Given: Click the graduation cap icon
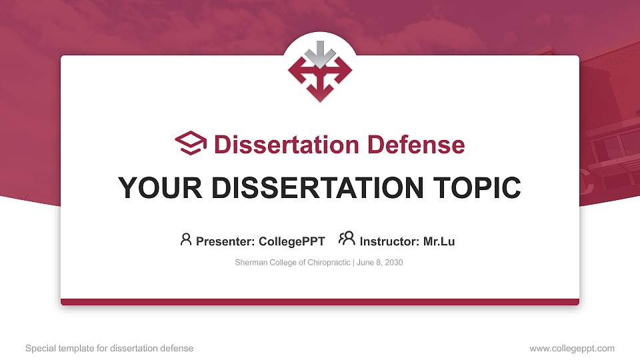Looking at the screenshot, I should (191, 143).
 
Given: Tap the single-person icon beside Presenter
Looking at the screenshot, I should (186, 239).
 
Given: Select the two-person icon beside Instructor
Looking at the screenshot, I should (347, 239).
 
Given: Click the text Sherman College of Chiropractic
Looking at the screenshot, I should (293, 263).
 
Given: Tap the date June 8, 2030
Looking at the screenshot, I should (379, 263).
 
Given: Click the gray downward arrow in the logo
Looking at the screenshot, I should (320, 55).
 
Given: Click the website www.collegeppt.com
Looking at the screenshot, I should (572, 348).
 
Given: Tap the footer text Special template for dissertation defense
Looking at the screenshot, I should (109, 348).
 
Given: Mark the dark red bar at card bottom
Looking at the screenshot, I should (320, 302).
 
